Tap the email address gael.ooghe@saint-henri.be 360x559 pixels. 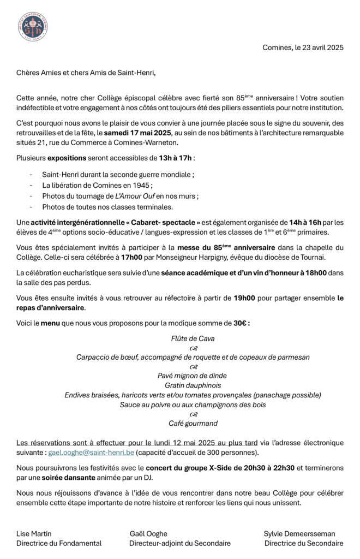[x=91, y=453]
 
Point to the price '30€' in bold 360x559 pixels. [x=240, y=323]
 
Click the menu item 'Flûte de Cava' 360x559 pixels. [x=193, y=338]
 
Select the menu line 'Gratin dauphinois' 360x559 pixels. [x=193, y=385]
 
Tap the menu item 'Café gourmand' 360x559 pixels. [x=193, y=423]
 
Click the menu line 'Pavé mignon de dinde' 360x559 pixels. [x=193, y=376]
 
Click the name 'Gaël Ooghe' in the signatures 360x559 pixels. [x=148, y=533]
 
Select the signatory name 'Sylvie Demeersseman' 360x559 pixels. [x=299, y=533]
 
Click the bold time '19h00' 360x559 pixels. [x=244, y=298]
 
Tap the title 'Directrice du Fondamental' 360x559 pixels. [x=59, y=543]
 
